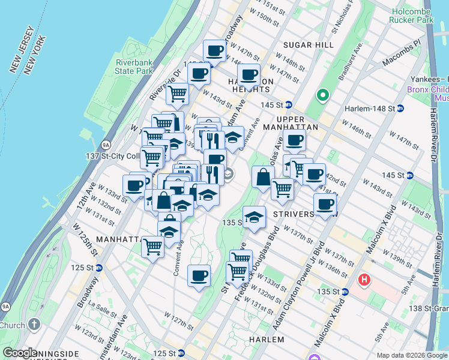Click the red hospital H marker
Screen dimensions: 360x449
tap(363, 280)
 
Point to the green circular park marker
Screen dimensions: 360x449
tap(322, 95)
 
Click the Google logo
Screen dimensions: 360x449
tap(20, 353)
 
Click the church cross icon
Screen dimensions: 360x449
tap(34, 325)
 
